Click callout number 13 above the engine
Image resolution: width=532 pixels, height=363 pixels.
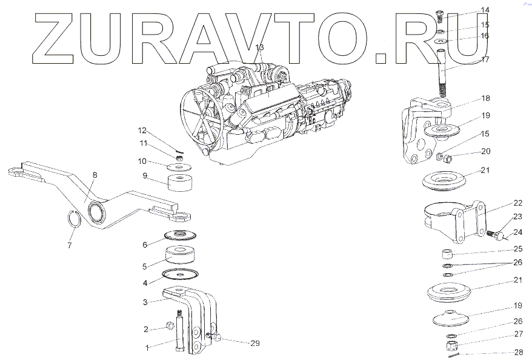tap(259, 47)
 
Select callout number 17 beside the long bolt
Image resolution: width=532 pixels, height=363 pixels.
tap(485, 59)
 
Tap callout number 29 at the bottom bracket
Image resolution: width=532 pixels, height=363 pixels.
tap(255, 344)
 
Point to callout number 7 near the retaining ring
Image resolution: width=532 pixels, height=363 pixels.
tap(70, 246)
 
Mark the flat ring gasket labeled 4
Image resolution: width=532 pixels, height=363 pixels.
tap(180, 274)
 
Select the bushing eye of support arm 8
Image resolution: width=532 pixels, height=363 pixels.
tap(96, 212)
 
